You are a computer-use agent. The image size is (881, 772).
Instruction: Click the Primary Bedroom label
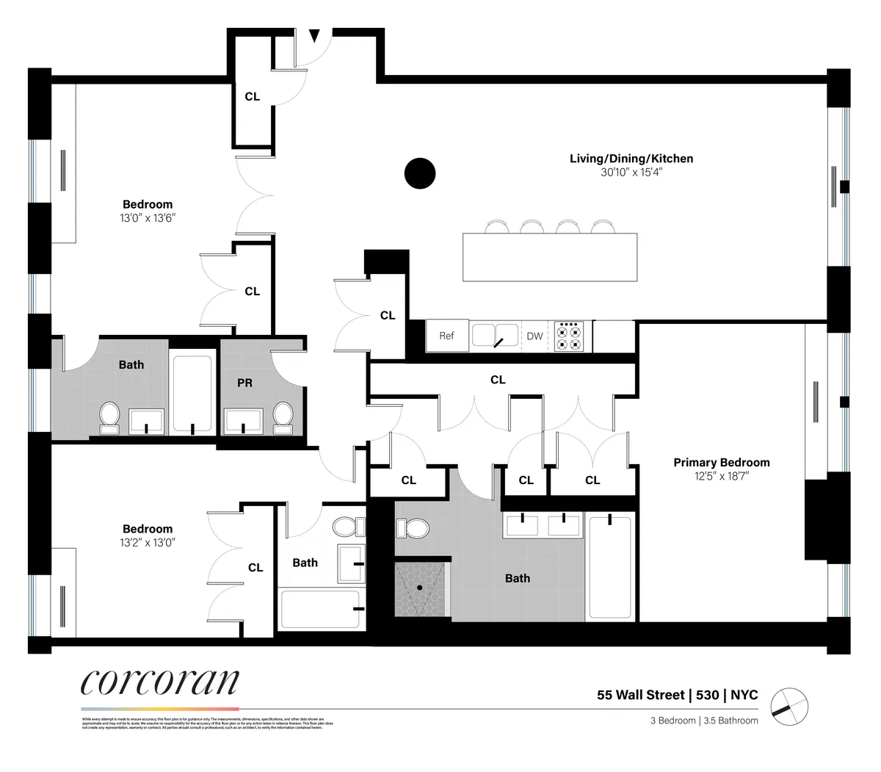[x=721, y=462]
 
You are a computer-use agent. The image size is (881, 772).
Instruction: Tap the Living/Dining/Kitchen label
[x=631, y=159]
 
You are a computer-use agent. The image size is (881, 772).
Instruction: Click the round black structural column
[x=420, y=173]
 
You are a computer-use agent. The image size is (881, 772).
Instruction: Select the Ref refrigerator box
[x=447, y=336]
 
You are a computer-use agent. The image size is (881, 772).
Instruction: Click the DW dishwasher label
[x=534, y=336]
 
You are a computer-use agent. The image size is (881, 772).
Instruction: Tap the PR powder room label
[x=244, y=383]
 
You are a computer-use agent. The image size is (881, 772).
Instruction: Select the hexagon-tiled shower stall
[x=421, y=590]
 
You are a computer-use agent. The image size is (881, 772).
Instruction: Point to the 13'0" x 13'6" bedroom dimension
[x=148, y=218]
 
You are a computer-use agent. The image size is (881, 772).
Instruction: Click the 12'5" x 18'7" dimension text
[x=721, y=476]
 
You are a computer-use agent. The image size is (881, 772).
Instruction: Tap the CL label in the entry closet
[x=252, y=96]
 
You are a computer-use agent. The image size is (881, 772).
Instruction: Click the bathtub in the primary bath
[x=609, y=568]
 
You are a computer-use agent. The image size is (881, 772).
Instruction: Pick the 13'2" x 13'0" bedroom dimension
[x=148, y=543]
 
